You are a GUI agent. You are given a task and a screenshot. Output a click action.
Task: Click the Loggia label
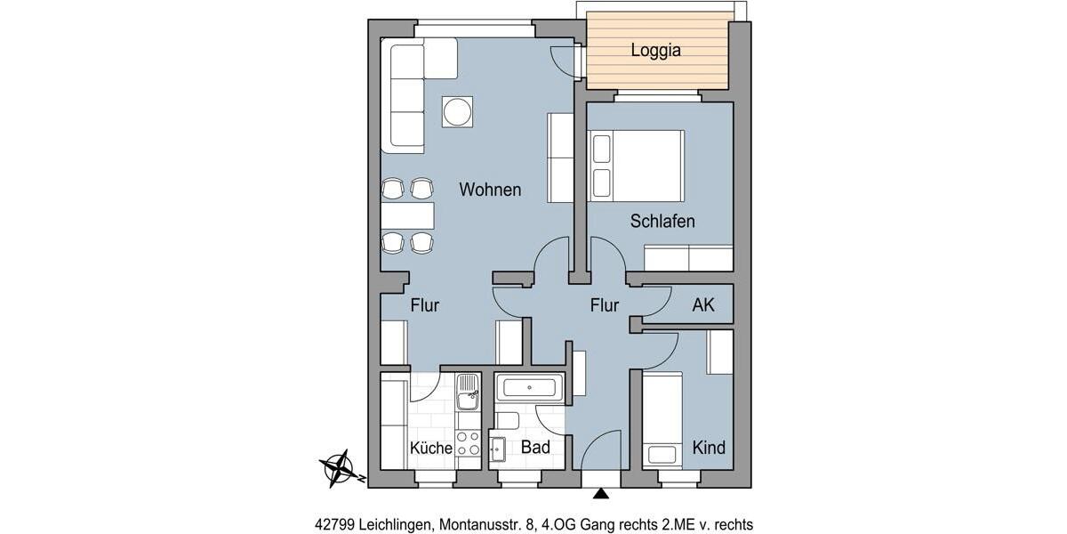tap(655, 51)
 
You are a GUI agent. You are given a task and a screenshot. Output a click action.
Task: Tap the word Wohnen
tap(490, 190)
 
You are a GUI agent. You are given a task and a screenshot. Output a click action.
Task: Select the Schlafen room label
tap(662, 222)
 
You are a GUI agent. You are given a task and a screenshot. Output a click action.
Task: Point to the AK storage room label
tap(703, 305)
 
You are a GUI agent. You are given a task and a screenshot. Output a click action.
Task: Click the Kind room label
tap(709, 447)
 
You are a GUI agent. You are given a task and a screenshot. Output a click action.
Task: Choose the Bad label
tap(535, 447)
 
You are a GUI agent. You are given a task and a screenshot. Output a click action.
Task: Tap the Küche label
tap(430, 448)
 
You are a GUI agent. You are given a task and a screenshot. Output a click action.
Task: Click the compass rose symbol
tap(339, 466)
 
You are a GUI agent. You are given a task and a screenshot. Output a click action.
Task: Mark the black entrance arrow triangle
tap(602, 493)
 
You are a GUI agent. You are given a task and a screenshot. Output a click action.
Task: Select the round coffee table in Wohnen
tap(458, 112)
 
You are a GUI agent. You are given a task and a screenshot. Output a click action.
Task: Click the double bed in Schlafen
tap(637, 166)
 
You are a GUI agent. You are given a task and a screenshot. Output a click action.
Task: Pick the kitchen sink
tap(468, 392)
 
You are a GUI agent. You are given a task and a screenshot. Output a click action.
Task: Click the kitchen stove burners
tap(468, 443)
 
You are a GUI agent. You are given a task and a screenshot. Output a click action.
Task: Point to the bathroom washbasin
tap(497, 451)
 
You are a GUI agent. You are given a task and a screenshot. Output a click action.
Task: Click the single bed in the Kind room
tap(662, 418)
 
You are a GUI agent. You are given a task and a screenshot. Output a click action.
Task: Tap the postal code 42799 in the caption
tap(335, 524)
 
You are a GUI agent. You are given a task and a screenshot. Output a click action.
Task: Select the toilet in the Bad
tap(507, 420)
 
